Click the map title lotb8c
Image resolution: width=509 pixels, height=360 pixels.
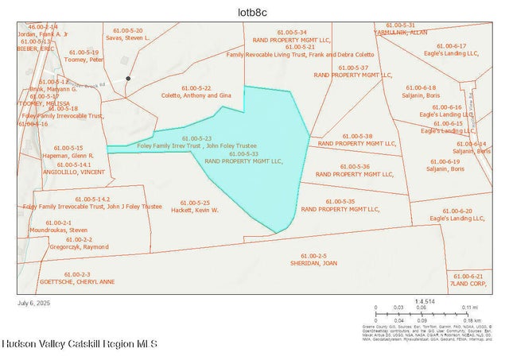254,11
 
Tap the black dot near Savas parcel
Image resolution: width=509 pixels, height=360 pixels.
129,78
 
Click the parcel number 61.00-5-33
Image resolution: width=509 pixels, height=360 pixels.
244,153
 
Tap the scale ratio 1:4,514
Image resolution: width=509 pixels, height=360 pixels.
426,301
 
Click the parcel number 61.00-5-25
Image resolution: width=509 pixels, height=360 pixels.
195,202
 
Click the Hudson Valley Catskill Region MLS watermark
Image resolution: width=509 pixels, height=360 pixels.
80,344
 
